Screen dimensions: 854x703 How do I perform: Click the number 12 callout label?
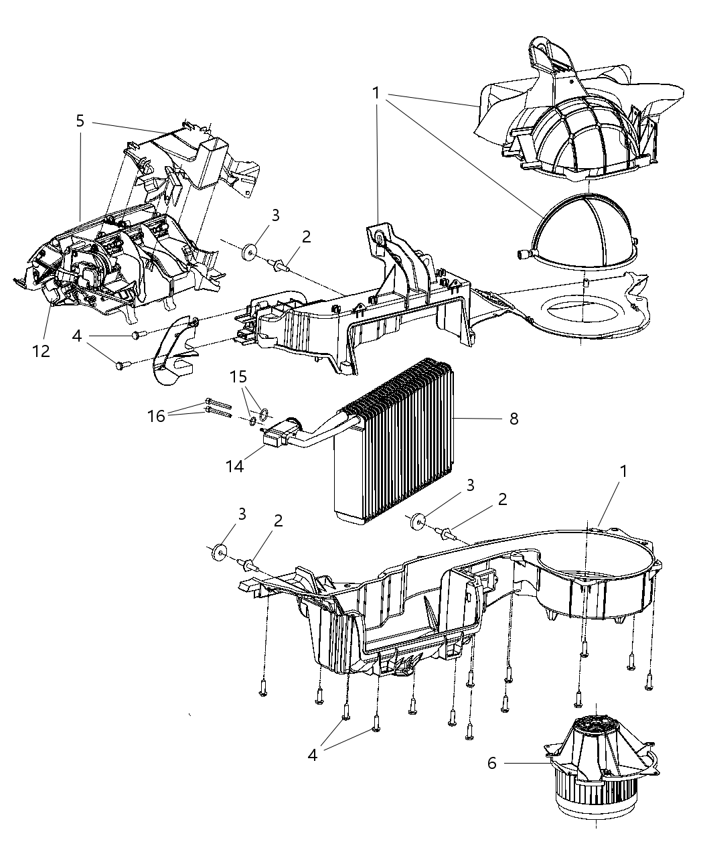click(42, 350)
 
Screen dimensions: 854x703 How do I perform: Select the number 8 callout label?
click(514, 419)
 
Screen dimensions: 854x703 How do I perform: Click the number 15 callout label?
click(238, 376)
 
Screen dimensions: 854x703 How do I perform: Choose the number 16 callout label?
click(157, 416)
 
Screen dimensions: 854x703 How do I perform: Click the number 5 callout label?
click(80, 121)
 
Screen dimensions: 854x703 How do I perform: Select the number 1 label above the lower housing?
click(623, 471)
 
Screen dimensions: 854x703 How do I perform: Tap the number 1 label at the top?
click(376, 92)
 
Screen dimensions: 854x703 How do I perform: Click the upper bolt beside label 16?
click(218, 404)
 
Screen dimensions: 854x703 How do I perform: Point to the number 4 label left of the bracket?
click(78, 336)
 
